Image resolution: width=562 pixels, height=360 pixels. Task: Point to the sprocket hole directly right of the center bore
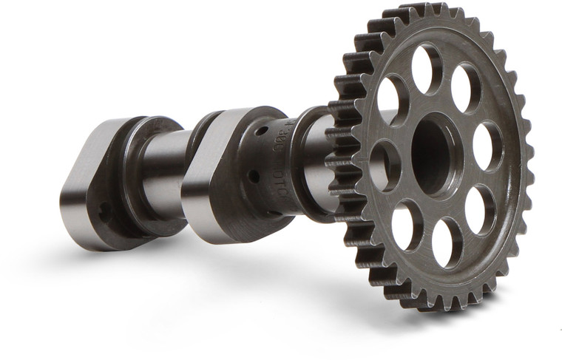pyautogui.click(x=487, y=146)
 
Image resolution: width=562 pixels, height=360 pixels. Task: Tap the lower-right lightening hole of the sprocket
pyautogui.click(x=481, y=208)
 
